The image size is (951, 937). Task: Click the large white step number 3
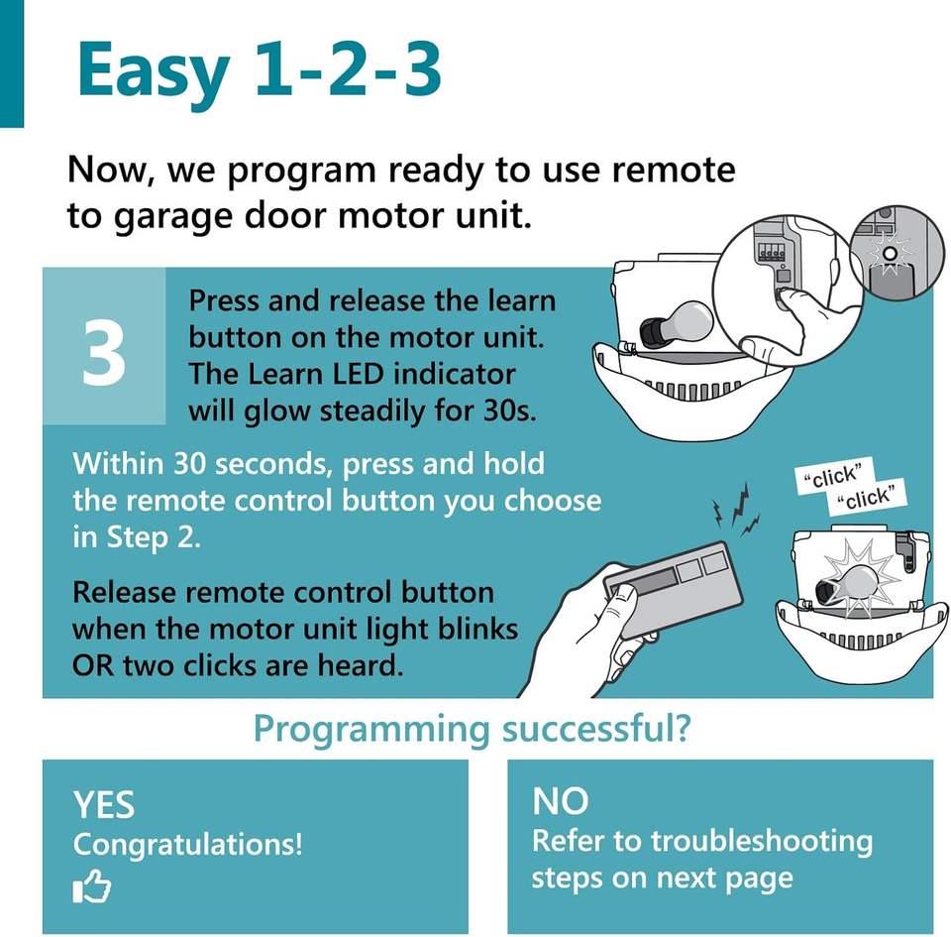click(x=104, y=353)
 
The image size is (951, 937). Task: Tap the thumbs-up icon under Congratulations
click(x=91, y=886)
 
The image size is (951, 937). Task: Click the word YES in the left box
click(x=104, y=805)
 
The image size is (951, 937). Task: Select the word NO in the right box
click(x=561, y=801)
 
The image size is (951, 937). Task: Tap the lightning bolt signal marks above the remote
click(x=737, y=511)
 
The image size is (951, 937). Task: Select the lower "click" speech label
click(x=868, y=497)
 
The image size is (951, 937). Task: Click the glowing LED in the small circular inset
click(x=890, y=254)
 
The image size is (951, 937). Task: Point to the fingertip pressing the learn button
click(x=786, y=296)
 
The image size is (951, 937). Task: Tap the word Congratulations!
click(x=188, y=844)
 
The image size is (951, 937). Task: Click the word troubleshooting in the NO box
click(x=762, y=843)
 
